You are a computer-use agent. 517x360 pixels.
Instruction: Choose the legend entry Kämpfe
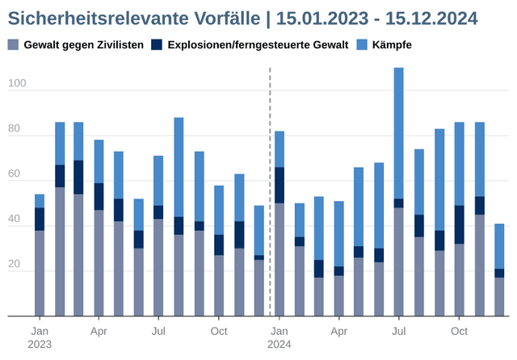391,44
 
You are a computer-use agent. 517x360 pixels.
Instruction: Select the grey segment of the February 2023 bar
60,251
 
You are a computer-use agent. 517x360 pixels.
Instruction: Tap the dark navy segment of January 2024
280,185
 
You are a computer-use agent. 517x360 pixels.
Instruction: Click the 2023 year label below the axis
40,345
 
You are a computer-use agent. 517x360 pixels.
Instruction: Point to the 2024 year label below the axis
280,345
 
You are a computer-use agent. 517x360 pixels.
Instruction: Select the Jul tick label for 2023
159,331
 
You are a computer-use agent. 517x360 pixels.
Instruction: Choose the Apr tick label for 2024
339,331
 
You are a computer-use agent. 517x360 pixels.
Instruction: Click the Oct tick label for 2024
459,331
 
